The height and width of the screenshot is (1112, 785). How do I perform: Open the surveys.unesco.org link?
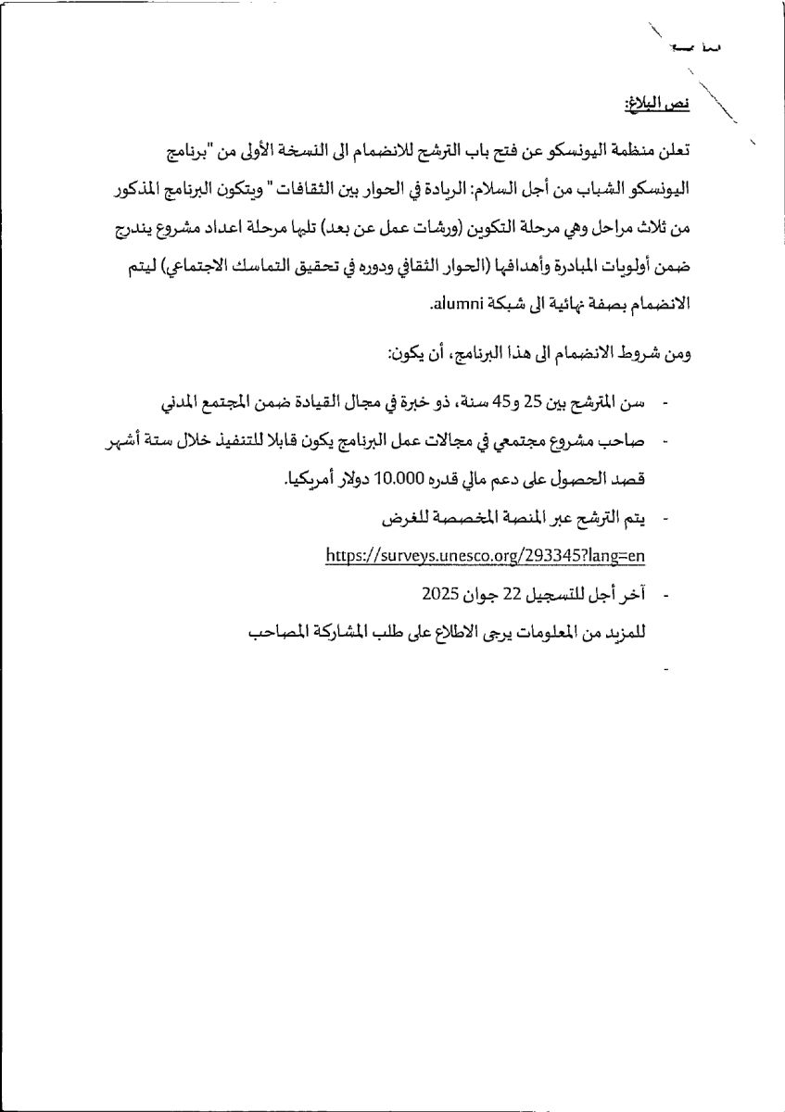coord(485,555)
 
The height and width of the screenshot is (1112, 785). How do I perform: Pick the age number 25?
coord(532,403)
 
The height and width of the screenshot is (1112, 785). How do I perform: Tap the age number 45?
coord(498,403)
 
